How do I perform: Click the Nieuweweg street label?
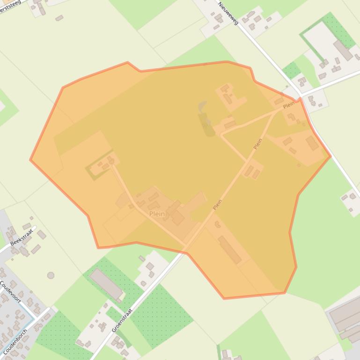coord(228,13)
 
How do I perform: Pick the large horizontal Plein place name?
coord(157,214)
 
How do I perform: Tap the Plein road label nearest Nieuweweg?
coord(289,105)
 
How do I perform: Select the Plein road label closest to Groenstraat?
coord(217,204)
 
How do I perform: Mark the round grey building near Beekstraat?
coord(51,275)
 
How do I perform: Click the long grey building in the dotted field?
coord(106,284)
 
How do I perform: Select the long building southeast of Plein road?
coord(230,250)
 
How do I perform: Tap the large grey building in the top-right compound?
coord(343,50)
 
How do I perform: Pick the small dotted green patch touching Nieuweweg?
coord(291,71)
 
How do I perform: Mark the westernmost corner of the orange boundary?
coord(31,160)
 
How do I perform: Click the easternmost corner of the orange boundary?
coord(331,156)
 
